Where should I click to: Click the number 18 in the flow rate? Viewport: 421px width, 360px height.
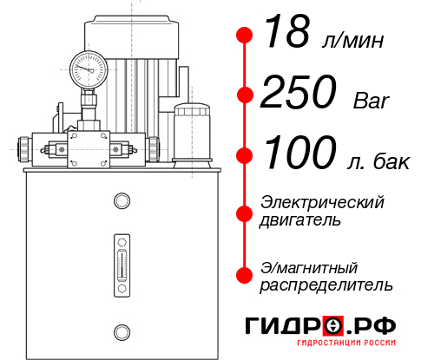click(x=287, y=31)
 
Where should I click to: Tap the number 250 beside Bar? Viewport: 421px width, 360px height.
click(x=299, y=91)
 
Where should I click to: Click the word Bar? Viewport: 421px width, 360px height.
click(x=371, y=101)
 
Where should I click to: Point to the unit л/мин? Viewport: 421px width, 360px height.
click(x=353, y=41)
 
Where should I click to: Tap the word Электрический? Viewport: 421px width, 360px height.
click(x=322, y=202)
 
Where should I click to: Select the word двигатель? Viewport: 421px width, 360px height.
click(x=300, y=220)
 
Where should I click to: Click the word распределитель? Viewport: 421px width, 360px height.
click(x=326, y=285)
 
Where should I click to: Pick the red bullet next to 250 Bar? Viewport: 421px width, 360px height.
click(x=245, y=95)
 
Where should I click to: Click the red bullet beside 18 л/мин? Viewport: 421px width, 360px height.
click(x=245, y=35)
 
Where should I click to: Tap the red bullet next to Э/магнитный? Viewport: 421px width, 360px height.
click(x=245, y=275)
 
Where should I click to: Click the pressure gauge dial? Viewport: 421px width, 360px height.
click(x=89, y=69)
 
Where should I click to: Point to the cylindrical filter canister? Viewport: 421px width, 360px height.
click(x=192, y=135)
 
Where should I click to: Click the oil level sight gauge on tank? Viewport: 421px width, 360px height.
click(x=122, y=265)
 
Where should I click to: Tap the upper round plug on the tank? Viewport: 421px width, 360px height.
click(x=122, y=200)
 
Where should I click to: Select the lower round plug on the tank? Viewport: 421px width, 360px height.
click(x=122, y=332)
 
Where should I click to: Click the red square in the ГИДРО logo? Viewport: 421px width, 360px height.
click(x=333, y=326)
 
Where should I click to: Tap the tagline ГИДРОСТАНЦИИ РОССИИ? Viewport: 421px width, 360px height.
click(x=346, y=343)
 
